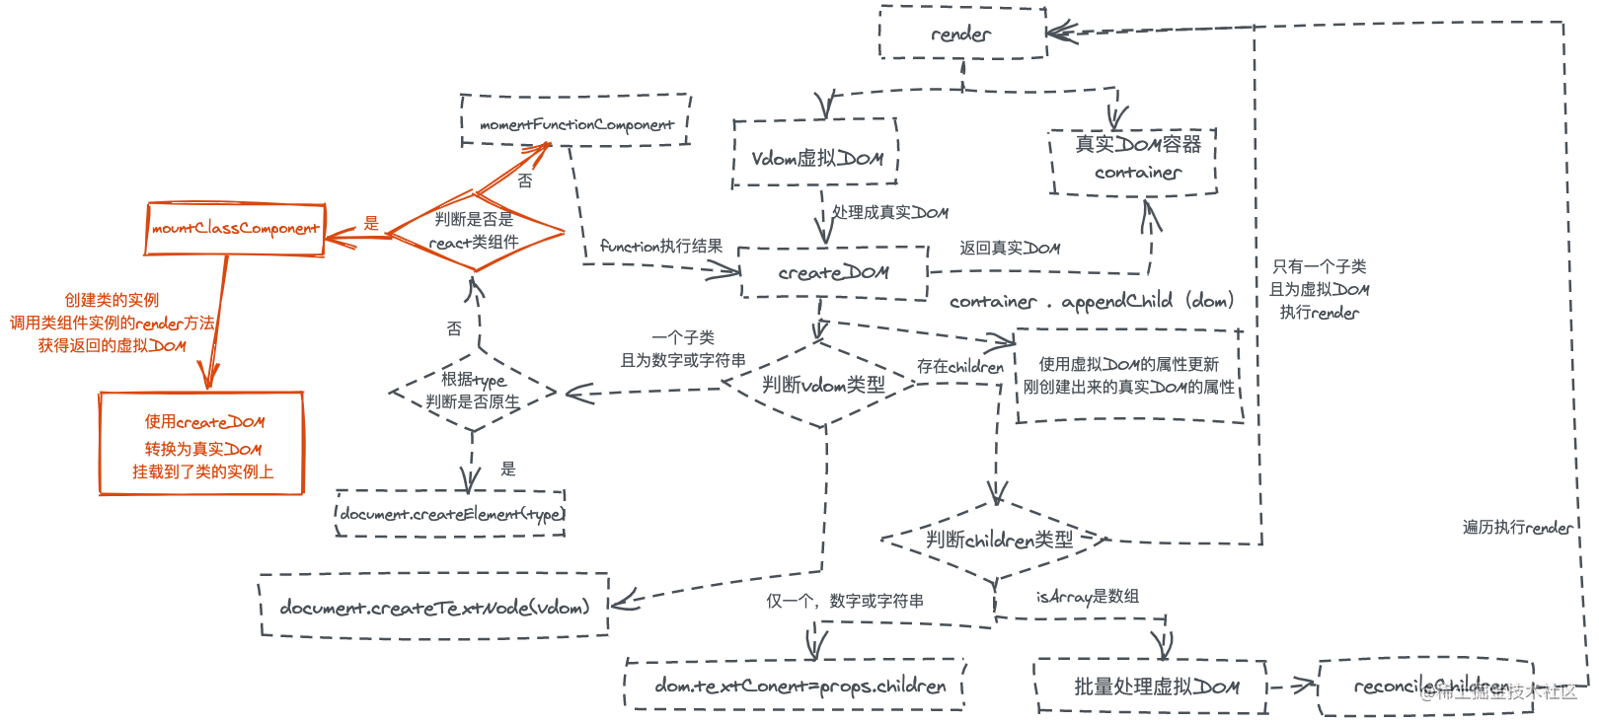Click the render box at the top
(x=961, y=34)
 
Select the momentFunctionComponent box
(x=575, y=122)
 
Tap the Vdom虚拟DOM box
(x=815, y=156)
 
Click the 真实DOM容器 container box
(x=1134, y=160)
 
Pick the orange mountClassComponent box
(x=235, y=229)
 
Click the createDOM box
(x=833, y=272)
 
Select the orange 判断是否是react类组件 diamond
(x=474, y=233)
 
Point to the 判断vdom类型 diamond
(x=823, y=385)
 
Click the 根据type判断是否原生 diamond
(x=473, y=392)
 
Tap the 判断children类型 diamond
(x=998, y=540)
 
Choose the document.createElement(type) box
(x=451, y=513)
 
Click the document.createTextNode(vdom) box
(x=434, y=607)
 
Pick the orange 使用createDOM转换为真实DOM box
(x=201, y=445)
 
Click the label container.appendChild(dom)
(x=1091, y=301)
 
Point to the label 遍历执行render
(x=1517, y=528)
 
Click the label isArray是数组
(x=1087, y=597)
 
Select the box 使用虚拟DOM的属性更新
(x=1128, y=376)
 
